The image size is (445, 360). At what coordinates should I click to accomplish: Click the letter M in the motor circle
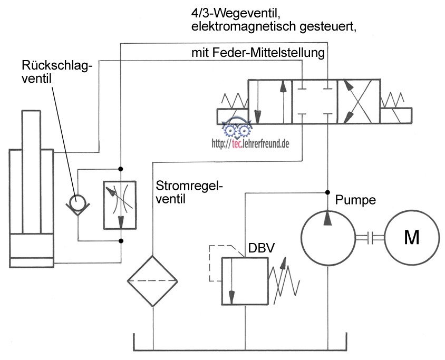coord(411,238)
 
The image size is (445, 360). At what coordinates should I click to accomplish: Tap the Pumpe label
coord(355,200)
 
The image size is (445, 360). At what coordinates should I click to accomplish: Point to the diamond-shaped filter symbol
coord(152,281)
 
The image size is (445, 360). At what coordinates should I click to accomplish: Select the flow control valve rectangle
coord(120,205)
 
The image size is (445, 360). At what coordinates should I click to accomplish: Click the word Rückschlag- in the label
coord(56,66)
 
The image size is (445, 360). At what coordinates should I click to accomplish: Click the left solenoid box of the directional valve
coord(232,116)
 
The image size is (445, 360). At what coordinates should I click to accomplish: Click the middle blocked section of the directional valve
coord(314,102)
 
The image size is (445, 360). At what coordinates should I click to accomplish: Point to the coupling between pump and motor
coord(369,238)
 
